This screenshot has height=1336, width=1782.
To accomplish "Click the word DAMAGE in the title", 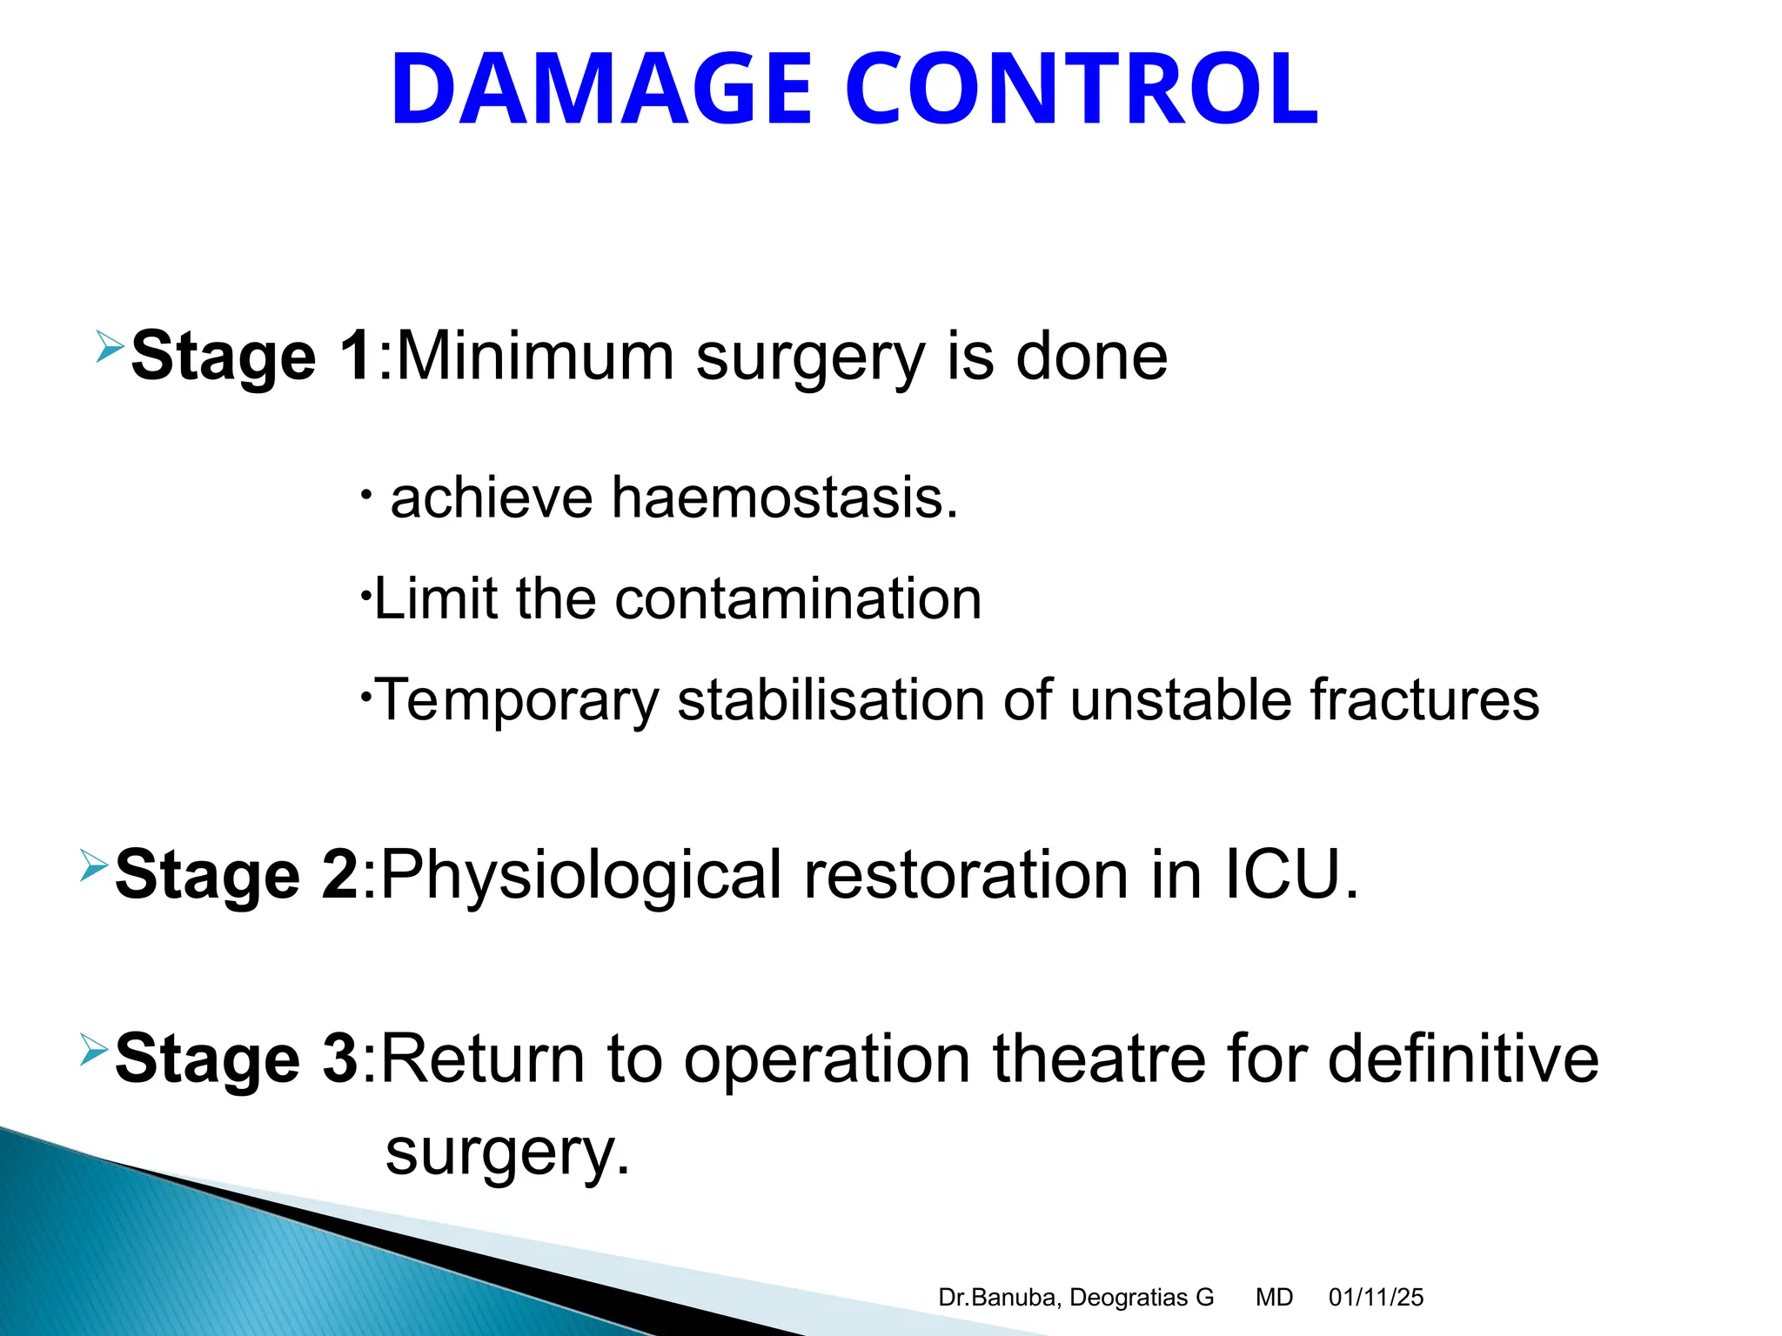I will [601, 90].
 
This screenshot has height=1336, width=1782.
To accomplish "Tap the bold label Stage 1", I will [252, 356].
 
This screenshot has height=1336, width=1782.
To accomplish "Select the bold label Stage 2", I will [237, 874].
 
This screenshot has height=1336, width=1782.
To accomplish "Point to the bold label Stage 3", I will [237, 1059].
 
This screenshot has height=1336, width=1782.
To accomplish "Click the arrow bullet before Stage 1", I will [110, 347].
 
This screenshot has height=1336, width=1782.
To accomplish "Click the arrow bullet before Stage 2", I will [94, 865].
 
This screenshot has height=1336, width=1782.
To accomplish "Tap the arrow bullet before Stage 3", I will [94, 1049].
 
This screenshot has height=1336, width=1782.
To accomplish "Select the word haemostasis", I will [784, 498].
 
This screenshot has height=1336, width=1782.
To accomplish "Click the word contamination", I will [798, 599].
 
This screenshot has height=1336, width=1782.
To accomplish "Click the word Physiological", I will [581, 876].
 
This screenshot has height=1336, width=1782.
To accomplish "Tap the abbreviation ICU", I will [1291, 874].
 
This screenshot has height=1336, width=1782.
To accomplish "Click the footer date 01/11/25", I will [1376, 1298].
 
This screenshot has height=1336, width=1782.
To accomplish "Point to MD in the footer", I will [1274, 1298].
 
